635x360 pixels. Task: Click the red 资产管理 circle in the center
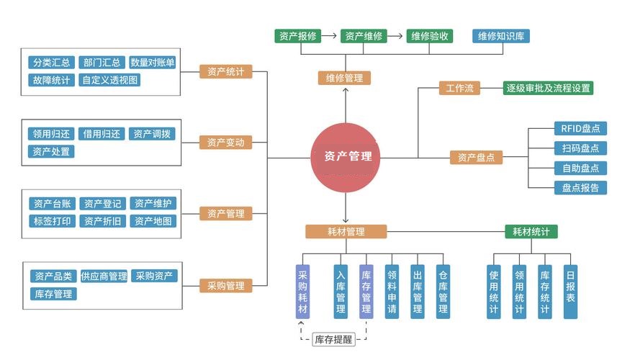click(x=345, y=157)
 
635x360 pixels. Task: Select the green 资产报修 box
click(x=297, y=35)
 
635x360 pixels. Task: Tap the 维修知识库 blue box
click(x=502, y=35)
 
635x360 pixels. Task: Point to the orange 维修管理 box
click(x=344, y=78)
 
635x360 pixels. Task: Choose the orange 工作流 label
click(x=459, y=89)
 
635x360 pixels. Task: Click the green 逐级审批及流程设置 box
click(x=549, y=89)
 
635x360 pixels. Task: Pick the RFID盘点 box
click(x=580, y=129)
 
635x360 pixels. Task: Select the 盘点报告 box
click(x=580, y=188)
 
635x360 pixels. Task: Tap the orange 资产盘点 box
click(x=476, y=158)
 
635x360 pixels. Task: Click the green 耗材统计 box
click(x=531, y=232)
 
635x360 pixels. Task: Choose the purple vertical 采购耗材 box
click(x=302, y=291)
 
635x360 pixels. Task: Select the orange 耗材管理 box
click(x=346, y=232)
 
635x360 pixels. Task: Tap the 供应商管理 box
click(x=104, y=276)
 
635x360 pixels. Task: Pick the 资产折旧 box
click(x=102, y=221)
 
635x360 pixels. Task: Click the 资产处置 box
click(x=52, y=151)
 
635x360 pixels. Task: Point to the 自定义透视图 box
click(x=110, y=80)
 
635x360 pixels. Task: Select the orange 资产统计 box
click(x=225, y=71)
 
